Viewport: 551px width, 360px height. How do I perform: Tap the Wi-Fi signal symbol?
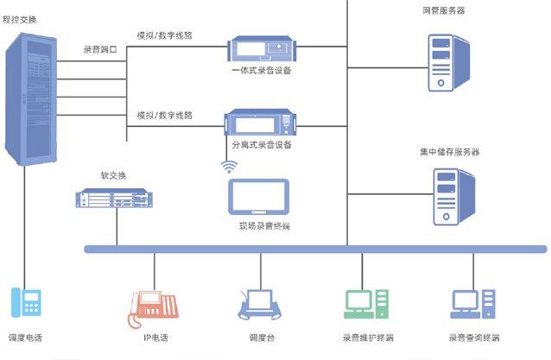(x=230, y=166)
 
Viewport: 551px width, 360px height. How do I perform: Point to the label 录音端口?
(x=100, y=50)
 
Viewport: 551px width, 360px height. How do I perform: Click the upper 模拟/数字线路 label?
(x=165, y=37)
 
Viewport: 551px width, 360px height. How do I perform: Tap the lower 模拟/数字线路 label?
(x=165, y=116)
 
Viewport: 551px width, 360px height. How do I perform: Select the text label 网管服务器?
(x=443, y=10)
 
